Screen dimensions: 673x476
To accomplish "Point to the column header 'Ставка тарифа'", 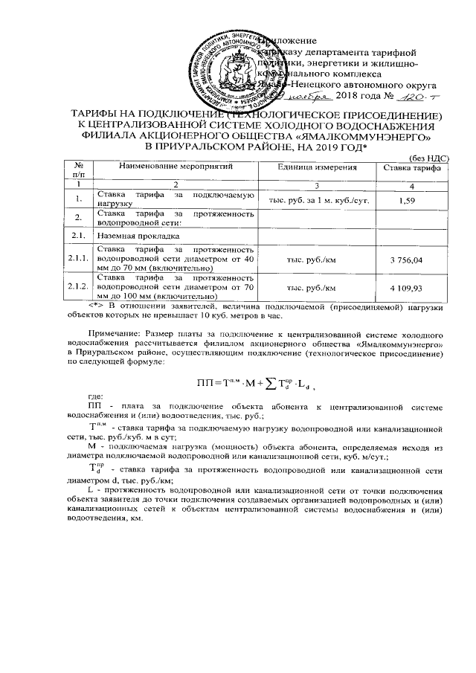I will tap(411, 169).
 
